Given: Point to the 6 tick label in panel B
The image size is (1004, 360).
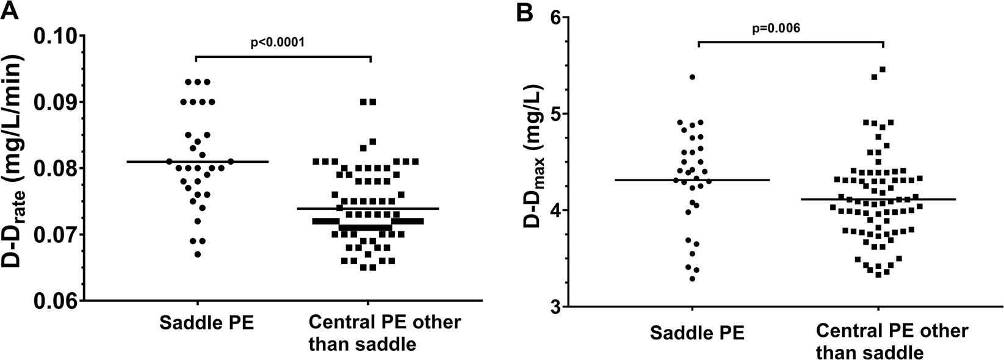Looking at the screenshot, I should click(x=556, y=18).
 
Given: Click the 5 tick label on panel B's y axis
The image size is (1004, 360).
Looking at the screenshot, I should click(x=556, y=114).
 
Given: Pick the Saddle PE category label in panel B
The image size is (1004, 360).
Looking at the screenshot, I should click(x=697, y=333).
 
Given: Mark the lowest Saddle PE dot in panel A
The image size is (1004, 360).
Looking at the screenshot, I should click(x=197, y=254).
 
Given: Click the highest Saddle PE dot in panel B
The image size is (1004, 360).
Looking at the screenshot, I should click(x=692, y=77).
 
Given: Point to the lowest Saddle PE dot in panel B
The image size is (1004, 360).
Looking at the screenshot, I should click(x=692, y=279).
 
